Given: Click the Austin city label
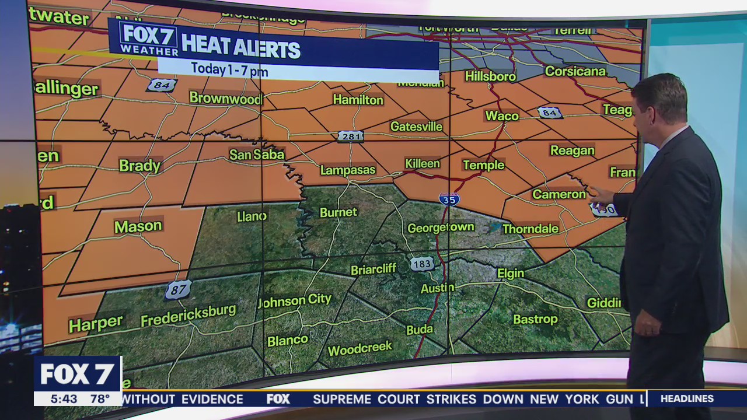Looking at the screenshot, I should pyautogui.click(x=437, y=288).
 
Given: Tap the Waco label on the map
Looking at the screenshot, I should pyautogui.click(x=502, y=116).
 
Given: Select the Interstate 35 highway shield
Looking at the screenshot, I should pyautogui.click(x=449, y=199).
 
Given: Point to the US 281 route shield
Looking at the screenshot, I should pyautogui.click(x=350, y=136).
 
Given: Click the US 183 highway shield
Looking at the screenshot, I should pyautogui.click(x=421, y=264).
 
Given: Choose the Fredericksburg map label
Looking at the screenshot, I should pyautogui.click(x=188, y=316).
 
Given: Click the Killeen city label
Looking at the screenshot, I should pyautogui.click(x=422, y=163).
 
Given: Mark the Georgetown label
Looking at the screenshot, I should pyautogui.click(x=441, y=228).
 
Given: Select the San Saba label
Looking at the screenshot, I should pyautogui.click(x=257, y=155).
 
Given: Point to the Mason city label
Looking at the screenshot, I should pyautogui.click(x=138, y=226).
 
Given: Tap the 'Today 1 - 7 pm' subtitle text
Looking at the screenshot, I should pyautogui.click(x=229, y=70).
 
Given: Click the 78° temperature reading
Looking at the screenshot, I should pyautogui.click(x=100, y=399).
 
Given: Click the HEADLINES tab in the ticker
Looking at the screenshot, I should pyautogui.click(x=687, y=399).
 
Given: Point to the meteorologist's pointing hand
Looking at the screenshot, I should pyautogui.click(x=600, y=196).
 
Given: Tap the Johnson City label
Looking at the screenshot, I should pyautogui.click(x=295, y=301).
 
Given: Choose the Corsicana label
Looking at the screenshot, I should pyautogui.click(x=575, y=71).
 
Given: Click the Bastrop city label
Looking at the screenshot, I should pyautogui.click(x=535, y=319).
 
